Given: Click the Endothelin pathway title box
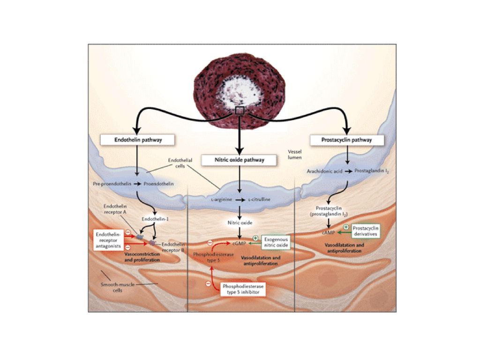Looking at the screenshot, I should click(131, 140).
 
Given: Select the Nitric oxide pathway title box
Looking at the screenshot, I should click(239, 160).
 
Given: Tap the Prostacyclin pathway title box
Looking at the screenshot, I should click(347, 140).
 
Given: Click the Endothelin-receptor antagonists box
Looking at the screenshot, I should click(108, 239).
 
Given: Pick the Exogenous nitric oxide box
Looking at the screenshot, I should click(275, 242).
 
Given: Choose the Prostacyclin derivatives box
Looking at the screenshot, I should click(365, 230).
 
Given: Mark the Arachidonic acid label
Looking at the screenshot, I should click(323, 171).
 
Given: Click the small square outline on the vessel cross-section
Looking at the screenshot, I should click(240, 110).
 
